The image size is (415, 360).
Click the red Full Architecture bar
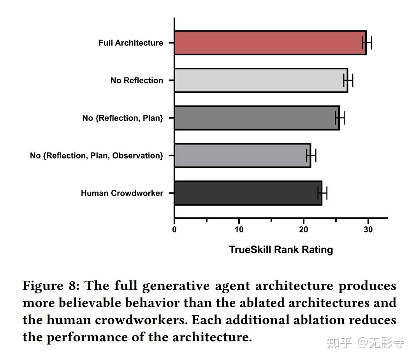[x=270, y=43]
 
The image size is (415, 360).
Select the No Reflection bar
[x=261, y=80]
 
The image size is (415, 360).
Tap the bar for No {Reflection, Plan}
[x=257, y=118]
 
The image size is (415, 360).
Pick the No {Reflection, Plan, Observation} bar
[x=242, y=155]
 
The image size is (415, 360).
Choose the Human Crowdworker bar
[x=248, y=193]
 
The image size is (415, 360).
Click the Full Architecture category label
[x=131, y=43]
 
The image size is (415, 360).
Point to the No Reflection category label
[x=137, y=81]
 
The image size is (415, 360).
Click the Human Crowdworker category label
[x=122, y=193]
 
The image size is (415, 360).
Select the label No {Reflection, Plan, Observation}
[x=97, y=156]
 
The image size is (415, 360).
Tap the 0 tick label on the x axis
[x=174, y=229]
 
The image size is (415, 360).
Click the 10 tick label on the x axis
[x=239, y=229]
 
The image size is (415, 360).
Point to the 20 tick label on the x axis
[x=304, y=229]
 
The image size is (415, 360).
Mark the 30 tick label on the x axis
[x=368, y=229]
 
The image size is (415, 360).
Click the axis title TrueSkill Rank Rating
[x=281, y=250]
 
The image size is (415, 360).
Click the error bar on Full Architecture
[x=367, y=42]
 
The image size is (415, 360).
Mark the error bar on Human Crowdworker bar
[x=322, y=193]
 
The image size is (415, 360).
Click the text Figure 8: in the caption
[x=51, y=286]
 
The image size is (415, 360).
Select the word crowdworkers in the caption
[x=149, y=320]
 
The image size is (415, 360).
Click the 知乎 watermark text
[x=339, y=343]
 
